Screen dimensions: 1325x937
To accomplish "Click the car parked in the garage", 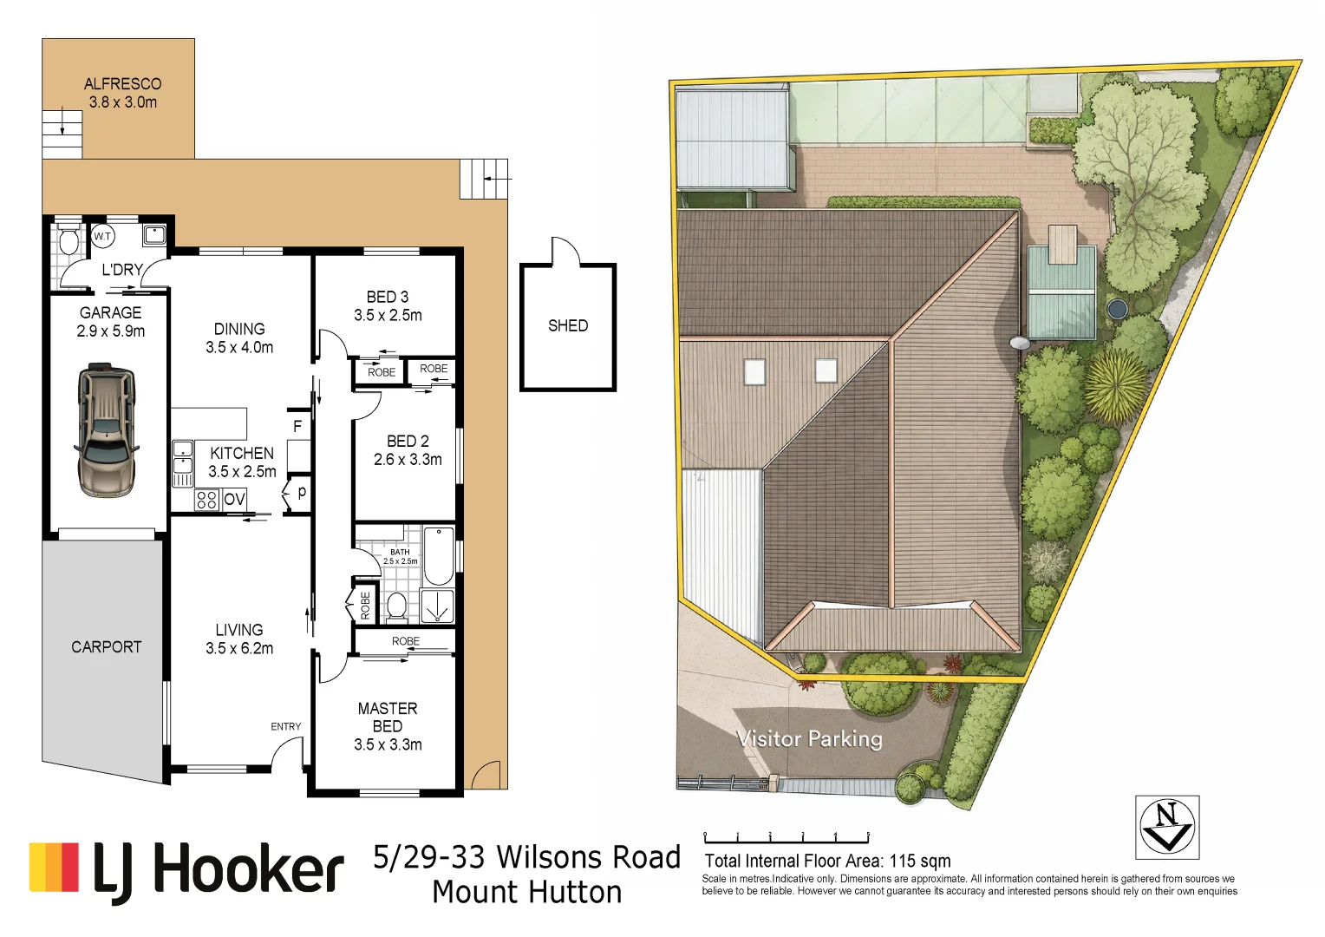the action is point(107,429).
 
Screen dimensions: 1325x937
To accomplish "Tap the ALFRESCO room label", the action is point(123,84).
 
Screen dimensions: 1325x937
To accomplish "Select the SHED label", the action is point(568,325).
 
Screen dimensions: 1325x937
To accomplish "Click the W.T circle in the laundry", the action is point(103,237).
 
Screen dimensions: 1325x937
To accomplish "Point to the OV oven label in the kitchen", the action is point(234,499).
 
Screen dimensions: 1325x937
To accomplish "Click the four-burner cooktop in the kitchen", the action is point(206,500).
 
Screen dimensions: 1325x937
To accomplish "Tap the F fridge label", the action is point(297,426).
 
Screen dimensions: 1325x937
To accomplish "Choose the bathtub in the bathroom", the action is point(438,556).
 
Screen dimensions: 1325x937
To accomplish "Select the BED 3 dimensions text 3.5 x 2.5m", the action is point(388,315).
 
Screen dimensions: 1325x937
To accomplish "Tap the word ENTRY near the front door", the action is point(285,726).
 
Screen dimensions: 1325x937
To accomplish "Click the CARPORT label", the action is point(107,647).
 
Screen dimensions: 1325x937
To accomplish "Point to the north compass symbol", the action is point(1167,827).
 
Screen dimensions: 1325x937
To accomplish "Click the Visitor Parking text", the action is point(809,738).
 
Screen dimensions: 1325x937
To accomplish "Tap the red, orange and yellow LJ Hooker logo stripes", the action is point(54,867).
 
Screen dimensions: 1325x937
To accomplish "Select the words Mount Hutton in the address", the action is point(527,892).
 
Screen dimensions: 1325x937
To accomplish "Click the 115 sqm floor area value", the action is point(920,861).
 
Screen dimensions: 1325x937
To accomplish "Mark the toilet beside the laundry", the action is point(69,239).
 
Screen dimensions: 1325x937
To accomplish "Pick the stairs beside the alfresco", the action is point(62,134).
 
